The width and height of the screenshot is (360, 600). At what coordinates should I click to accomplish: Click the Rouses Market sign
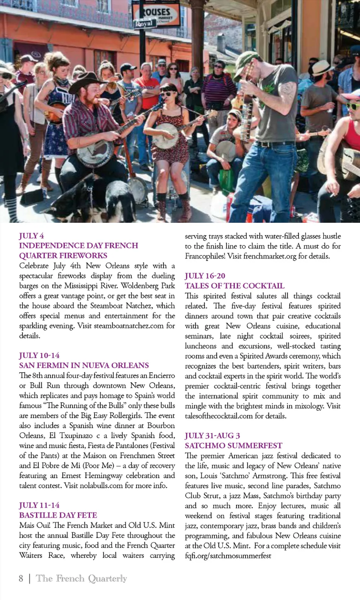156,16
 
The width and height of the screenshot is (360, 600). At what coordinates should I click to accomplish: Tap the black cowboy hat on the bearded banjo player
88,80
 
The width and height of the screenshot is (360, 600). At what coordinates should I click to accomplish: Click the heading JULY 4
31,235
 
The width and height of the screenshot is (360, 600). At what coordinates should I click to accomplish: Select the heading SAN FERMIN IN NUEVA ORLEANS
84,365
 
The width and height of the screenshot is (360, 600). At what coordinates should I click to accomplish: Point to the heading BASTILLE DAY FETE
58,515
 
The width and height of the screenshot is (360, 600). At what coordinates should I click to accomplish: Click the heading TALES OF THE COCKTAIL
234,286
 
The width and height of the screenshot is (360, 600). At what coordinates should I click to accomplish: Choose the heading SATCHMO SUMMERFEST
233,445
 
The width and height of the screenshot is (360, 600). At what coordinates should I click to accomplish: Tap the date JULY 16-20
205,276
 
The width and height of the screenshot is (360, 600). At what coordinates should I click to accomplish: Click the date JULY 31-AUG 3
212,435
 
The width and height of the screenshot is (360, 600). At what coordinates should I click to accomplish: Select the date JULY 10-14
39,355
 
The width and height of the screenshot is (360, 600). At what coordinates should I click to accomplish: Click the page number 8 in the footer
21,578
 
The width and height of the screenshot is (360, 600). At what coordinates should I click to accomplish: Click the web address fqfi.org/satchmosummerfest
228,556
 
